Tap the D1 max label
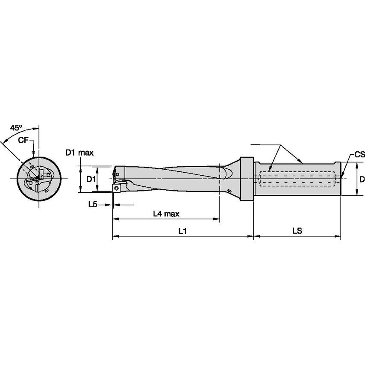79,152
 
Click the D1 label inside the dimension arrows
91,179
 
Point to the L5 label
92,205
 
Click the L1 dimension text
182,230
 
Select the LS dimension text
297,230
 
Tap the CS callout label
359,155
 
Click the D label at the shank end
362,179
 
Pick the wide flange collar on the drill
247,179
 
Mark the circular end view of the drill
38,179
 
